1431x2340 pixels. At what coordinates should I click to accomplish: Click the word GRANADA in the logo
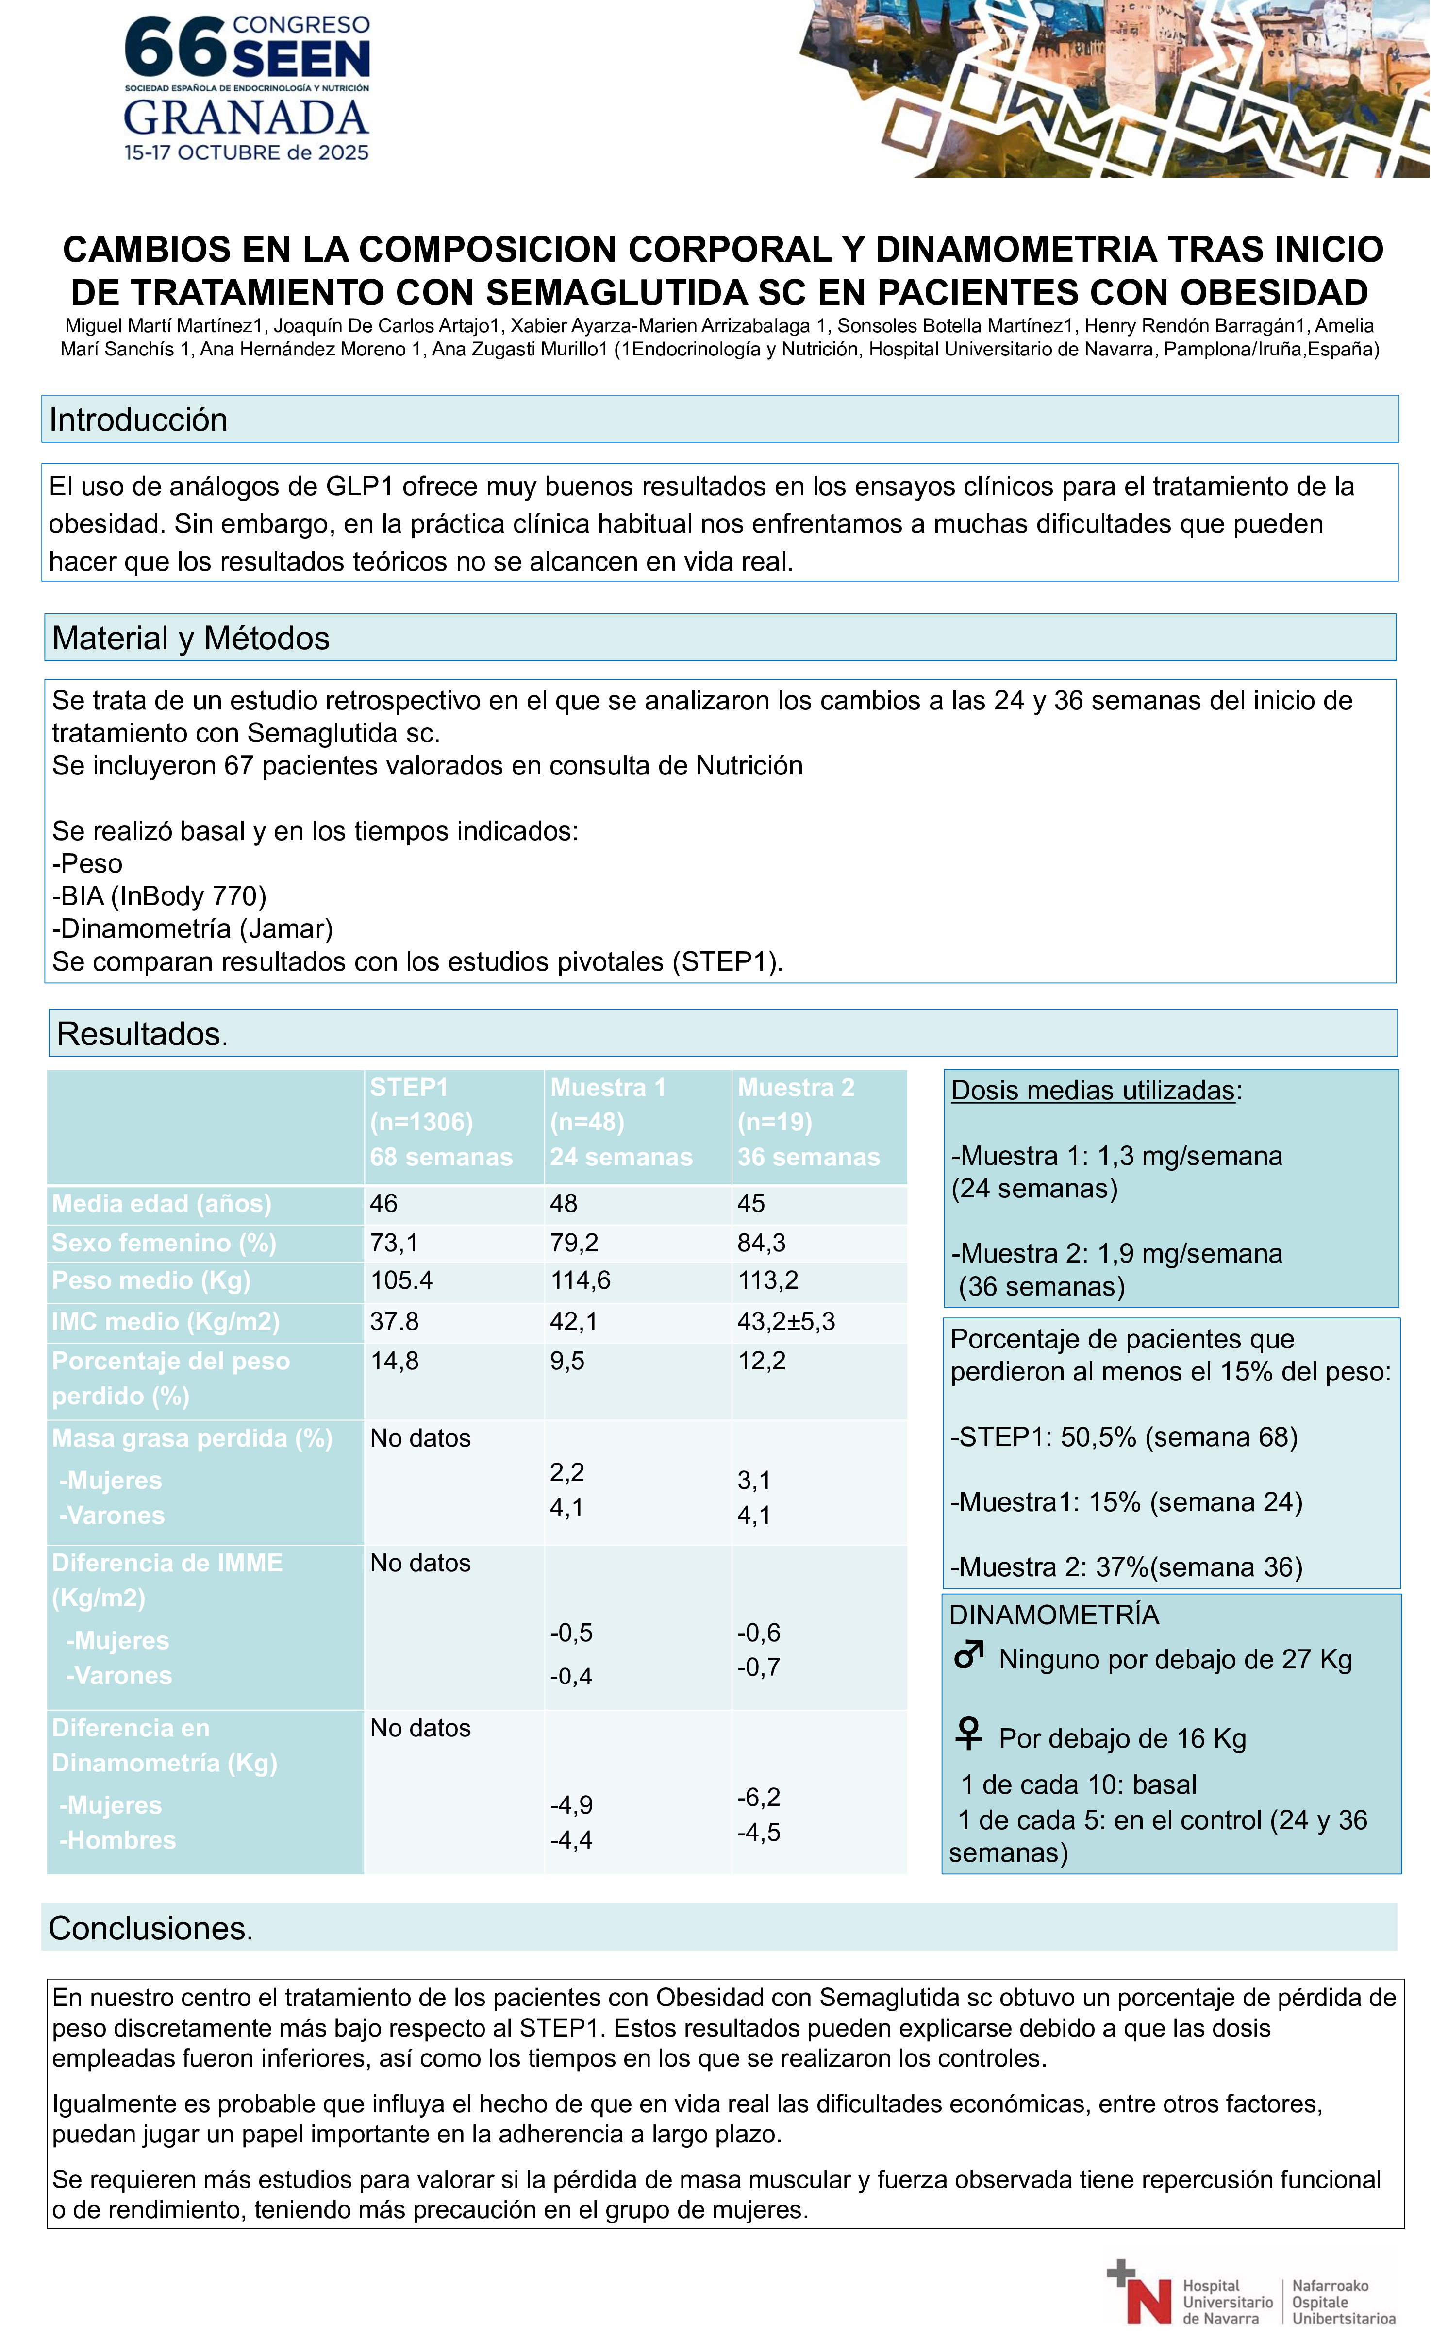(246, 118)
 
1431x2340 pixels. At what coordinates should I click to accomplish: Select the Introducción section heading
(139, 420)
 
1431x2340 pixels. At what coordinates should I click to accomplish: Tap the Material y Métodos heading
(191, 638)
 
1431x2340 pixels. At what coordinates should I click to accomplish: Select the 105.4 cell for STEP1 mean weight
(401, 1280)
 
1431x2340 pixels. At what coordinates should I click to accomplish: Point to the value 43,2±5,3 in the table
(786, 1321)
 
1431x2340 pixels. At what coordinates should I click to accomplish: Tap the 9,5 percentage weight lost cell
(567, 1361)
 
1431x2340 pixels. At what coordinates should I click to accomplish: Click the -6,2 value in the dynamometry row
(759, 1797)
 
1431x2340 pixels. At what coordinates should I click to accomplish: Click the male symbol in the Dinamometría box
(968, 1655)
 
